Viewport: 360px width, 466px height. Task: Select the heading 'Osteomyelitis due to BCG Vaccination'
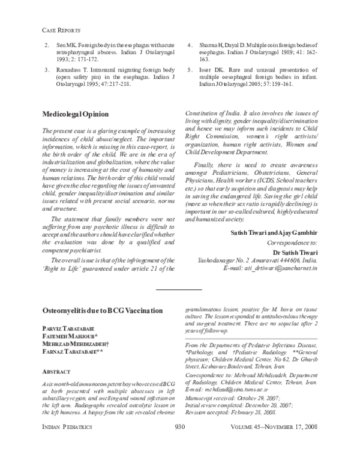tap(103, 310)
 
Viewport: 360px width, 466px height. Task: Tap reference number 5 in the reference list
tap(190, 70)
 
